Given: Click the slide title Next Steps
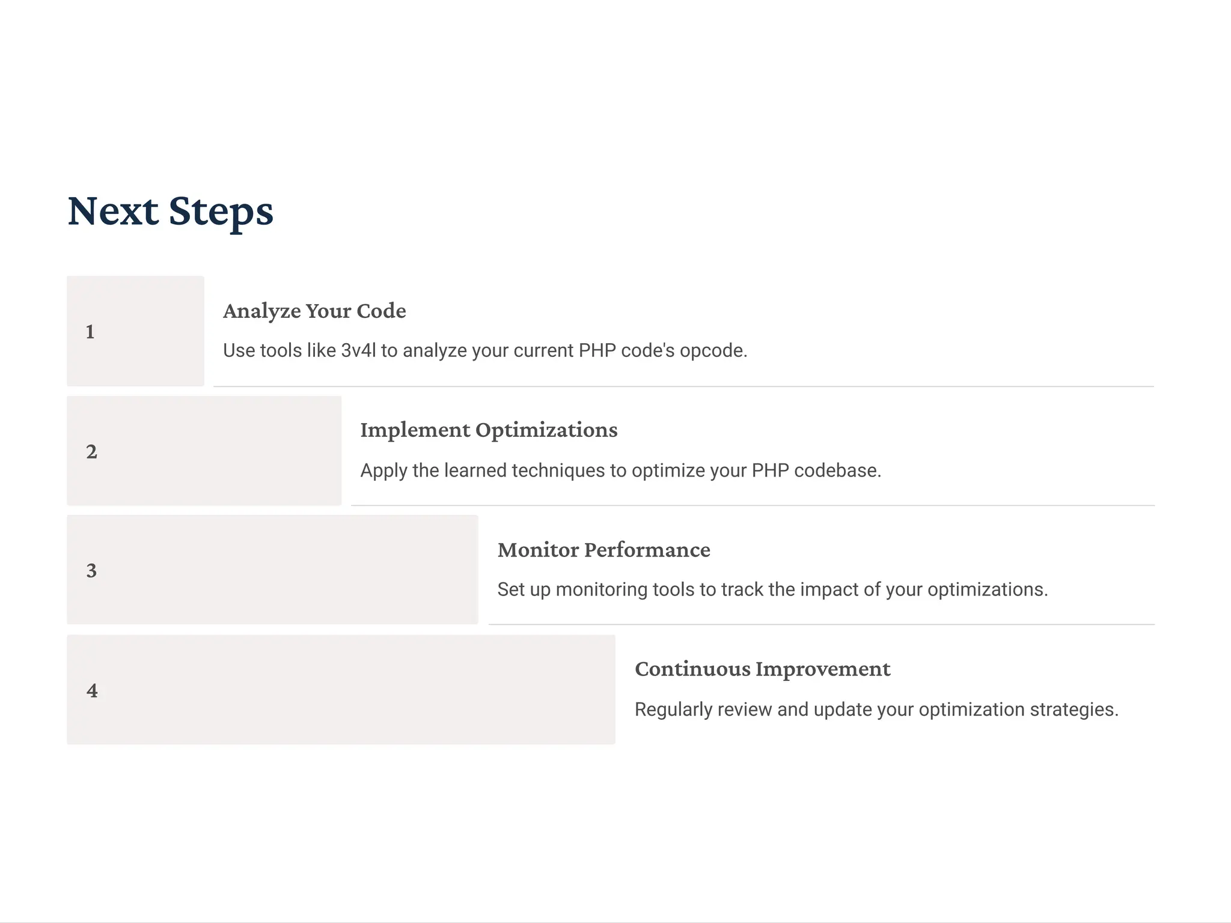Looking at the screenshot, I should point(170,212).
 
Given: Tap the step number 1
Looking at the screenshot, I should point(90,332).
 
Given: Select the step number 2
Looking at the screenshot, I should point(91,451).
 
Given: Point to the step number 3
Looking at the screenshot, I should point(91,570).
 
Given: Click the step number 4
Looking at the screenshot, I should point(92,690).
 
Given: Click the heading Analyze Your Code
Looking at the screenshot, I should point(314,311).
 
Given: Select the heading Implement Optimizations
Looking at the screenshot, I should point(489,430).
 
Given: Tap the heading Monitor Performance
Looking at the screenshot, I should point(603,550).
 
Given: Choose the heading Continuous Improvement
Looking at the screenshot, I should point(762,669).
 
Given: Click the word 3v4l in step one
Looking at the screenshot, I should point(358,350).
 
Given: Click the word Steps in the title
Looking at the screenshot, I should point(221,212).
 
